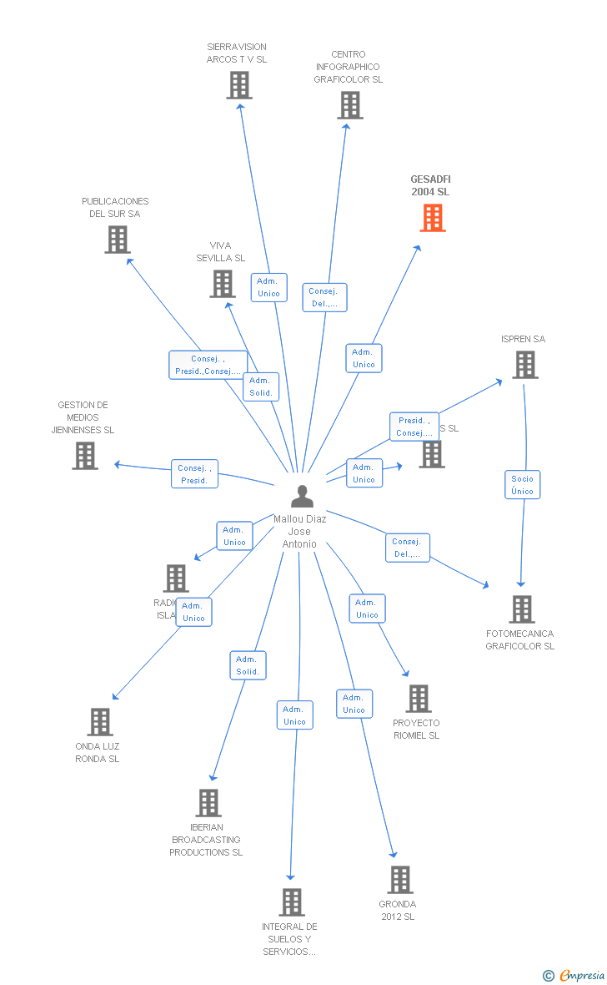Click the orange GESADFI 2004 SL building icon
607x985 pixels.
[x=432, y=218]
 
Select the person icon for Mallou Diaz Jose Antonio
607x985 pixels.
[x=302, y=497]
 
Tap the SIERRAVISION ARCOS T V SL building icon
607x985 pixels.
[x=239, y=85]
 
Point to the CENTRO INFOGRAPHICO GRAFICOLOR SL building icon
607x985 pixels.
[x=350, y=105]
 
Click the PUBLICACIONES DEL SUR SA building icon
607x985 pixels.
[x=118, y=240]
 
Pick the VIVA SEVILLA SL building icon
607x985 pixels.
[x=223, y=284]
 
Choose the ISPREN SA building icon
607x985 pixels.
[x=524, y=365]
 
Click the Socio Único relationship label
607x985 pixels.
[x=523, y=485]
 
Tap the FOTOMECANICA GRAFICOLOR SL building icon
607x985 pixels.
[x=522, y=609]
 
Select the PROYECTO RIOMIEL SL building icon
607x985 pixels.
[x=419, y=699]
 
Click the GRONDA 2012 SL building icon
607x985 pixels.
[x=400, y=879]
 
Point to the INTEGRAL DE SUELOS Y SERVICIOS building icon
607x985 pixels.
[x=292, y=902]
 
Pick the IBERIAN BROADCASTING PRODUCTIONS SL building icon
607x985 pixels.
[x=208, y=803]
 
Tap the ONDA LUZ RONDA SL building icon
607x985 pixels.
[x=100, y=721]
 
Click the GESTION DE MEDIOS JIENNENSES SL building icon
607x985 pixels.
[x=85, y=456]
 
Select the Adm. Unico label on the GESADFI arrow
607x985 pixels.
[x=364, y=358]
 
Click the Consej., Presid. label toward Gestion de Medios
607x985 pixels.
[x=194, y=474]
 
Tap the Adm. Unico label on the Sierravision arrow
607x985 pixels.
[x=268, y=287]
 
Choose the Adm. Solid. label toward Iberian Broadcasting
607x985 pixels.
[x=248, y=665]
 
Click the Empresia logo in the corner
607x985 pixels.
[x=575, y=975]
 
